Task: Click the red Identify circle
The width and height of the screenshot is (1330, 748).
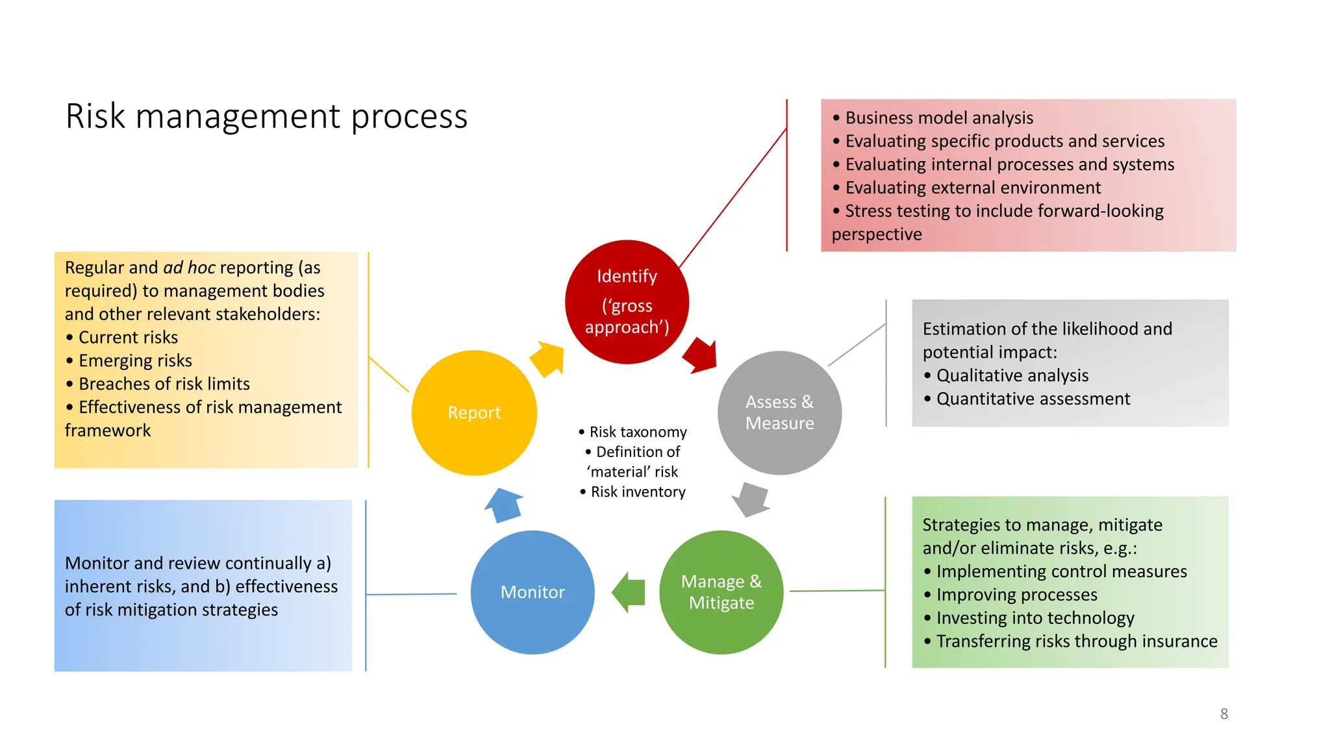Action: coord(627,302)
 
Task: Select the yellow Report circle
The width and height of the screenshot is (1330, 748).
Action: coord(474,413)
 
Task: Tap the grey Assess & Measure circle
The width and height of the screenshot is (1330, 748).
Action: coord(779,413)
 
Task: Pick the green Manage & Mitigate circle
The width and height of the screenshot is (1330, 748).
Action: coord(721,592)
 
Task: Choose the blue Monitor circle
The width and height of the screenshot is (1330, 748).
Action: coord(533,592)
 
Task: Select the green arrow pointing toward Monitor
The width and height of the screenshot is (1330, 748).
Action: coord(629,592)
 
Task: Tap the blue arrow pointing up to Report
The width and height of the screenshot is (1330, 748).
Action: coord(504,505)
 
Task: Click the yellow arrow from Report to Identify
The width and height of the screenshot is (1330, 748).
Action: coord(547,358)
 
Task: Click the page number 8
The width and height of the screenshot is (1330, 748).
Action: coord(1223,714)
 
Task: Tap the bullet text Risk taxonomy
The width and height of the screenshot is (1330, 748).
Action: coord(638,432)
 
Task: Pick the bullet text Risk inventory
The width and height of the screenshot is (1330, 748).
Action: coord(638,492)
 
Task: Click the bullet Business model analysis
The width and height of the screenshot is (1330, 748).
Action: coord(938,118)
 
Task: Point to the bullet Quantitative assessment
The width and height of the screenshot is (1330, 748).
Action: coord(1033,399)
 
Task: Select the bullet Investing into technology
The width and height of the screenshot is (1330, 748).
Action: coord(1035,618)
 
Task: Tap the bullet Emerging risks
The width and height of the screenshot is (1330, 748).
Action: coord(135,361)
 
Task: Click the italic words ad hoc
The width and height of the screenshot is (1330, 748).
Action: coord(189,268)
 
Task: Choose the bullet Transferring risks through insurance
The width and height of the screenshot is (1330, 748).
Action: coord(1076,642)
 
